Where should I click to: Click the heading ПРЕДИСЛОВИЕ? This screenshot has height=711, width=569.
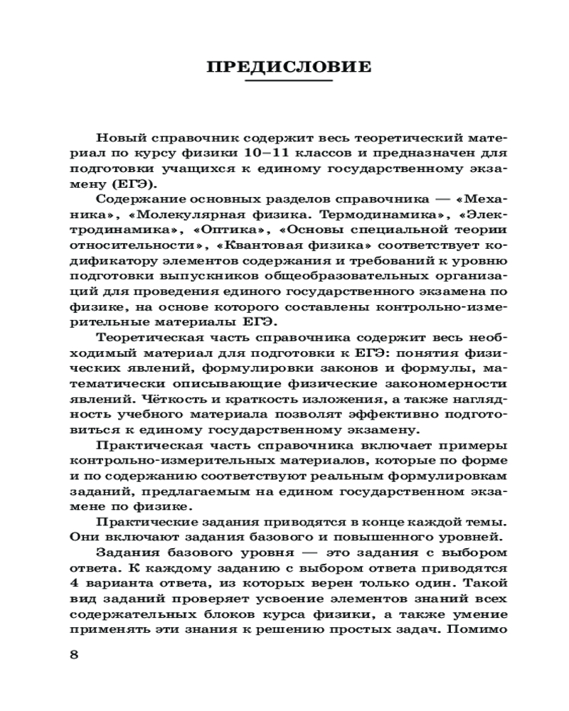tap(289, 68)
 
